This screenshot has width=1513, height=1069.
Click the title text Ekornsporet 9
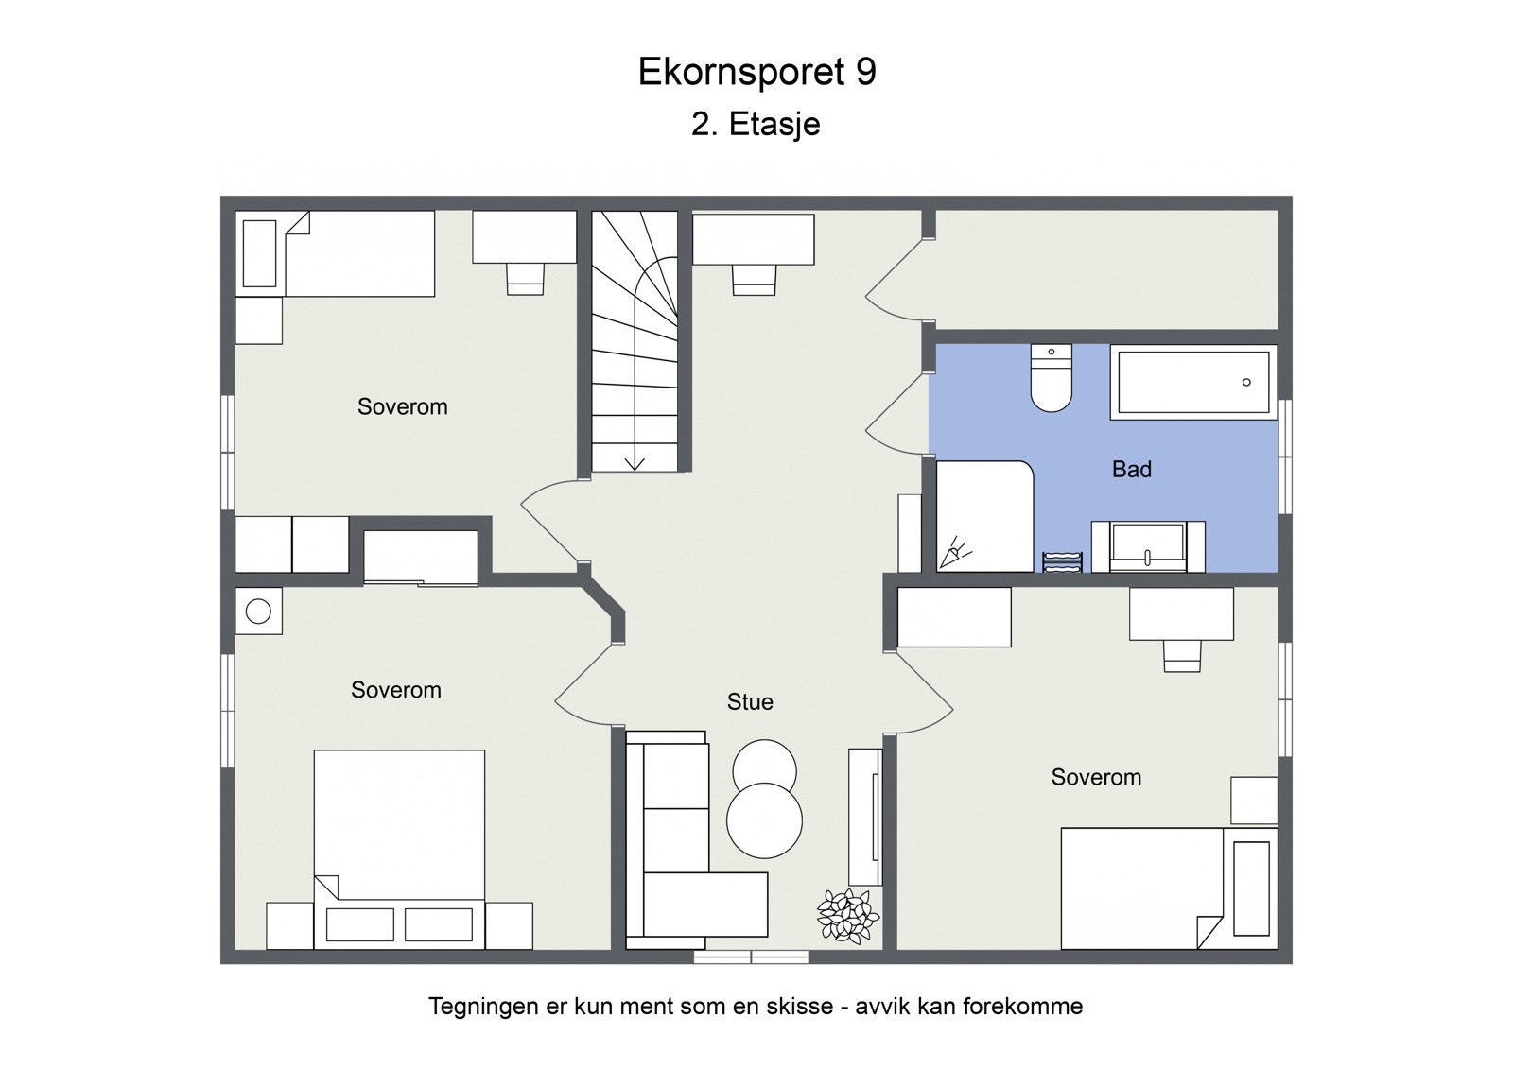[756, 72]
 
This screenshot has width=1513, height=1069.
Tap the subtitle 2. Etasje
[756, 124]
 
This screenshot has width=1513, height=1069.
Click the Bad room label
[1131, 469]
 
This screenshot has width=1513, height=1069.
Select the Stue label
[750, 701]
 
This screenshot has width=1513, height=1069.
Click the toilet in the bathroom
[1051, 379]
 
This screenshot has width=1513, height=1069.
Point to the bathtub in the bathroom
[1193, 383]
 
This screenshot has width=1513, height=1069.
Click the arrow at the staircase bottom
[635, 462]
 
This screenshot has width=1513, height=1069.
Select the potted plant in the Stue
[847, 915]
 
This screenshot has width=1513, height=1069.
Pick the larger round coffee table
[764, 820]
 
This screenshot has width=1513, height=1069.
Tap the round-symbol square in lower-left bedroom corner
[258, 612]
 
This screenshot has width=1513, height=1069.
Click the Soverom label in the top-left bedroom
[402, 406]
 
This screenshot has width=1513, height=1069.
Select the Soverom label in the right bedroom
[1096, 777]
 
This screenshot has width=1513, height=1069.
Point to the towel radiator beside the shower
[1062, 561]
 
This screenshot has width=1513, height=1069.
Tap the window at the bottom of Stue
[751, 957]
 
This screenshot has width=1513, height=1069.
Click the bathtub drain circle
[1246, 382]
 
